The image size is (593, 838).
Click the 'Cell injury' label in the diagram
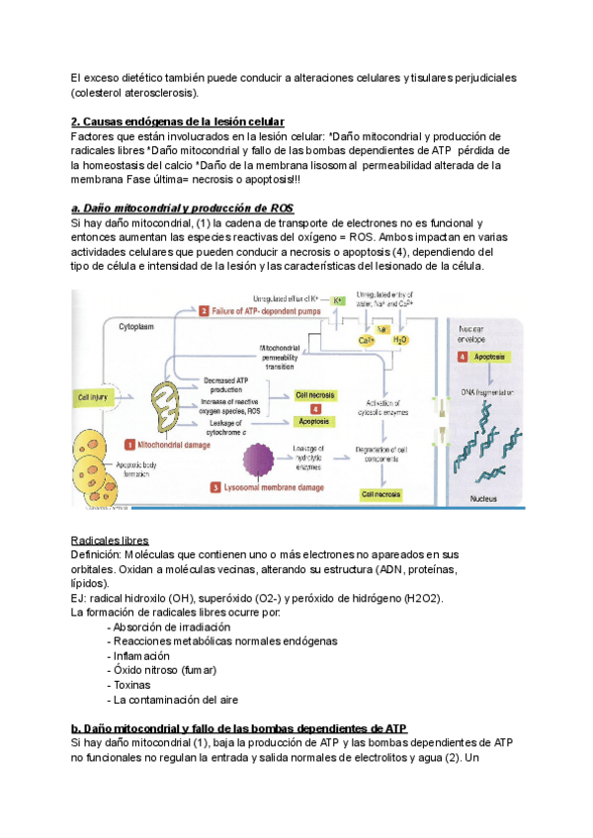click(x=93, y=397)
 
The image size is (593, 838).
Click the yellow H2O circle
click(x=399, y=339)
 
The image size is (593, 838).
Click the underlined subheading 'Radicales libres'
click(x=110, y=541)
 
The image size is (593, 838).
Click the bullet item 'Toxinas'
click(x=132, y=684)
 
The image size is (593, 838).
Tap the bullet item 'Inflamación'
click(x=141, y=655)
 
